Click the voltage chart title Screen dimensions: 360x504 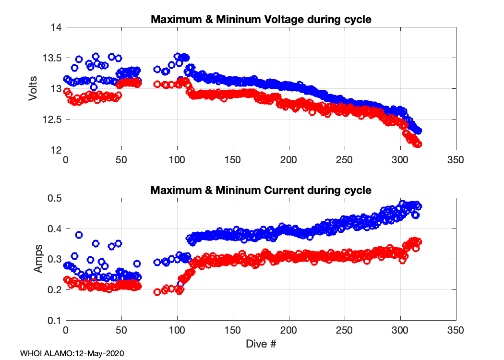point(261,20)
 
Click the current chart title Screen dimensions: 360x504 point(261,190)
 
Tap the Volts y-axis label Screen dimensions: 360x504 point(33,89)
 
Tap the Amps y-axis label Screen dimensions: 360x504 point(38,259)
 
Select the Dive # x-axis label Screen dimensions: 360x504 point(260,344)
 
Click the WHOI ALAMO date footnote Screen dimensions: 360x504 point(72,353)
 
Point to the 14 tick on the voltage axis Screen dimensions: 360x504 point(56,28)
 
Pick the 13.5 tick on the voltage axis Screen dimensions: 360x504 point(52,59)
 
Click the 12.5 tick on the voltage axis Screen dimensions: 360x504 point(52,120)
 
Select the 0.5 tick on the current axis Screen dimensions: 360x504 point(54,198)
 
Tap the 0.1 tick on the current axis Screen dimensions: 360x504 point(54,320)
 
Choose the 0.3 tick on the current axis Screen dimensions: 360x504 point(54,259)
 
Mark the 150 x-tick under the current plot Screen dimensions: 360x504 point(233,330)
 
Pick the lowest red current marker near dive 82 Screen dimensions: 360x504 point(156,292)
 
